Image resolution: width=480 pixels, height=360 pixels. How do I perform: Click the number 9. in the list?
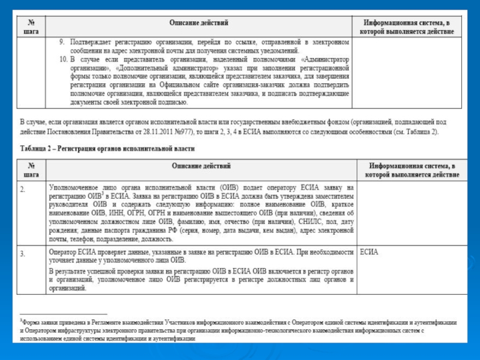tap(62, 43)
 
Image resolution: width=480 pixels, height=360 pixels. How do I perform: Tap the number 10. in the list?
tap(63, 59)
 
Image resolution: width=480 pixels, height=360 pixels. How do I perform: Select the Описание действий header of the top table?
tap(199, 23)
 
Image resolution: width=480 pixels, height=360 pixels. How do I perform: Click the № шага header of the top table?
tap(31, 27)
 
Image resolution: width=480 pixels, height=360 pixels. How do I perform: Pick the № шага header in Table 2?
tap(31, 170)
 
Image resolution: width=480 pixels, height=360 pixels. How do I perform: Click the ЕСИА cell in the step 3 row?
tap(369, 252)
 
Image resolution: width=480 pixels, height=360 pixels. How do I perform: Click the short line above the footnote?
tap(63, 314)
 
